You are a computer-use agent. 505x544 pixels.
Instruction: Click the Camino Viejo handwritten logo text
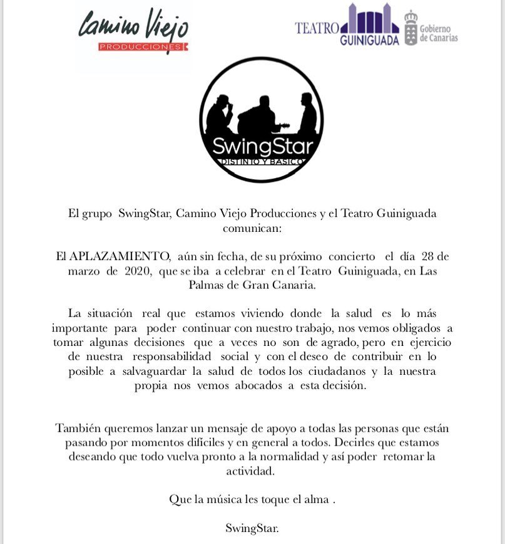point(133,26)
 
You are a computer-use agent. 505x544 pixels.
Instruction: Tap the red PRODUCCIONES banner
point(141,47)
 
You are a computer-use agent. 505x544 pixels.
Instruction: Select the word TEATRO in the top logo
point(317,28)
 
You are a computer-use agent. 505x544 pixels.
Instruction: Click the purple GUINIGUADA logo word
point(369,40)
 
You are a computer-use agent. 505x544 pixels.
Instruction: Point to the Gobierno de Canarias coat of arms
point(411,28)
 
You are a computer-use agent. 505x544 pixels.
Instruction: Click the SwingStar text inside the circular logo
point(262,146)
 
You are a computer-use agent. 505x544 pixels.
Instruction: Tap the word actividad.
point(252,471)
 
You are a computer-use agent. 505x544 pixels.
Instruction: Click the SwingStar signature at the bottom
point(252,528)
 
